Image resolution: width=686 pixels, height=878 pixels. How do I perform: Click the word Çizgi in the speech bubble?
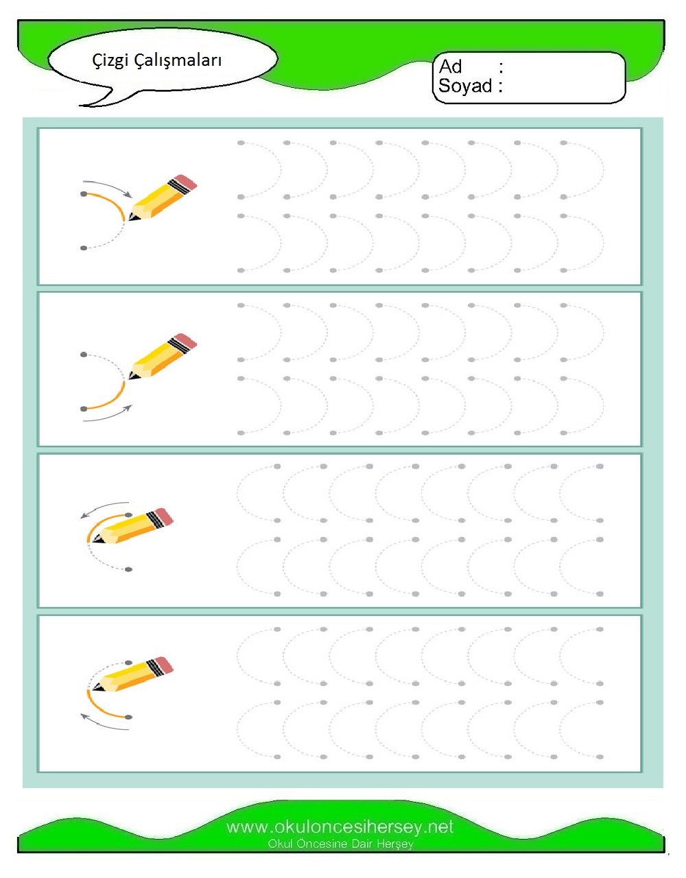tap(110, 60)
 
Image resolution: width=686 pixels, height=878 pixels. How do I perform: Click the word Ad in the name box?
tap(450, 67)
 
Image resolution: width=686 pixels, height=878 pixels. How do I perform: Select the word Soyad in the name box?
tap(465, 86)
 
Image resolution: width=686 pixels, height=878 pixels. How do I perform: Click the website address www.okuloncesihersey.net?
tap(340, 827)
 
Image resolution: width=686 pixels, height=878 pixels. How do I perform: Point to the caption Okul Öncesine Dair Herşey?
tap(340, 844)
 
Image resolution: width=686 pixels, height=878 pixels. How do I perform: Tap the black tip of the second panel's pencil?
tap(132, 377)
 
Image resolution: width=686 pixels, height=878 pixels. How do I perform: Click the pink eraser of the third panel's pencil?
tap(164, 515)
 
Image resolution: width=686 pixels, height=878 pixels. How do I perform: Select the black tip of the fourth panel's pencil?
tap(96, 687)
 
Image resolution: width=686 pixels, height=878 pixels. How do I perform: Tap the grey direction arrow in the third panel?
tap(104, 507)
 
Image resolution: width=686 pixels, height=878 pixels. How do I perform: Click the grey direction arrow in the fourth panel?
tap(104, 726)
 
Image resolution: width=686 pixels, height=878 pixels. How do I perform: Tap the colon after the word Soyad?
tap(501, 86)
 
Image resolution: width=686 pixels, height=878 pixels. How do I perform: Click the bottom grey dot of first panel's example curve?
tap(84, 248)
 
